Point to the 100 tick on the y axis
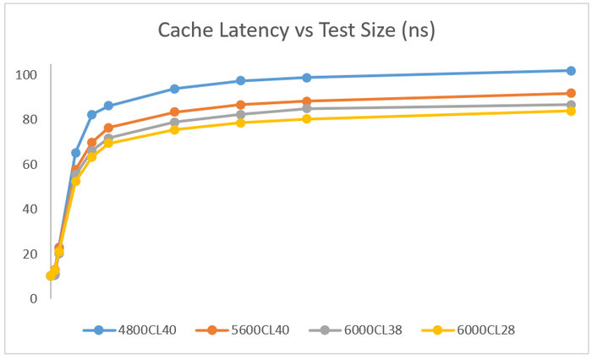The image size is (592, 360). click(x=27, y=74)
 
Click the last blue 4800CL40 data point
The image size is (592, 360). click(x=571, y=70)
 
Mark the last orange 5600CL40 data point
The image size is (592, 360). click(x=571, y=93)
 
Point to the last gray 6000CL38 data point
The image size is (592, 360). click(x=571, y=105)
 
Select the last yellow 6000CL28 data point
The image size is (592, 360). click(x=571, y=111)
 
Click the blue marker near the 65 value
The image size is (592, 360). click(x=75, y=153)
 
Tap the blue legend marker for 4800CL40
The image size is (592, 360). click(x=98, y=330)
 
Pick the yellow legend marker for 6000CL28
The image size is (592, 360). click(x=436, y=330)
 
